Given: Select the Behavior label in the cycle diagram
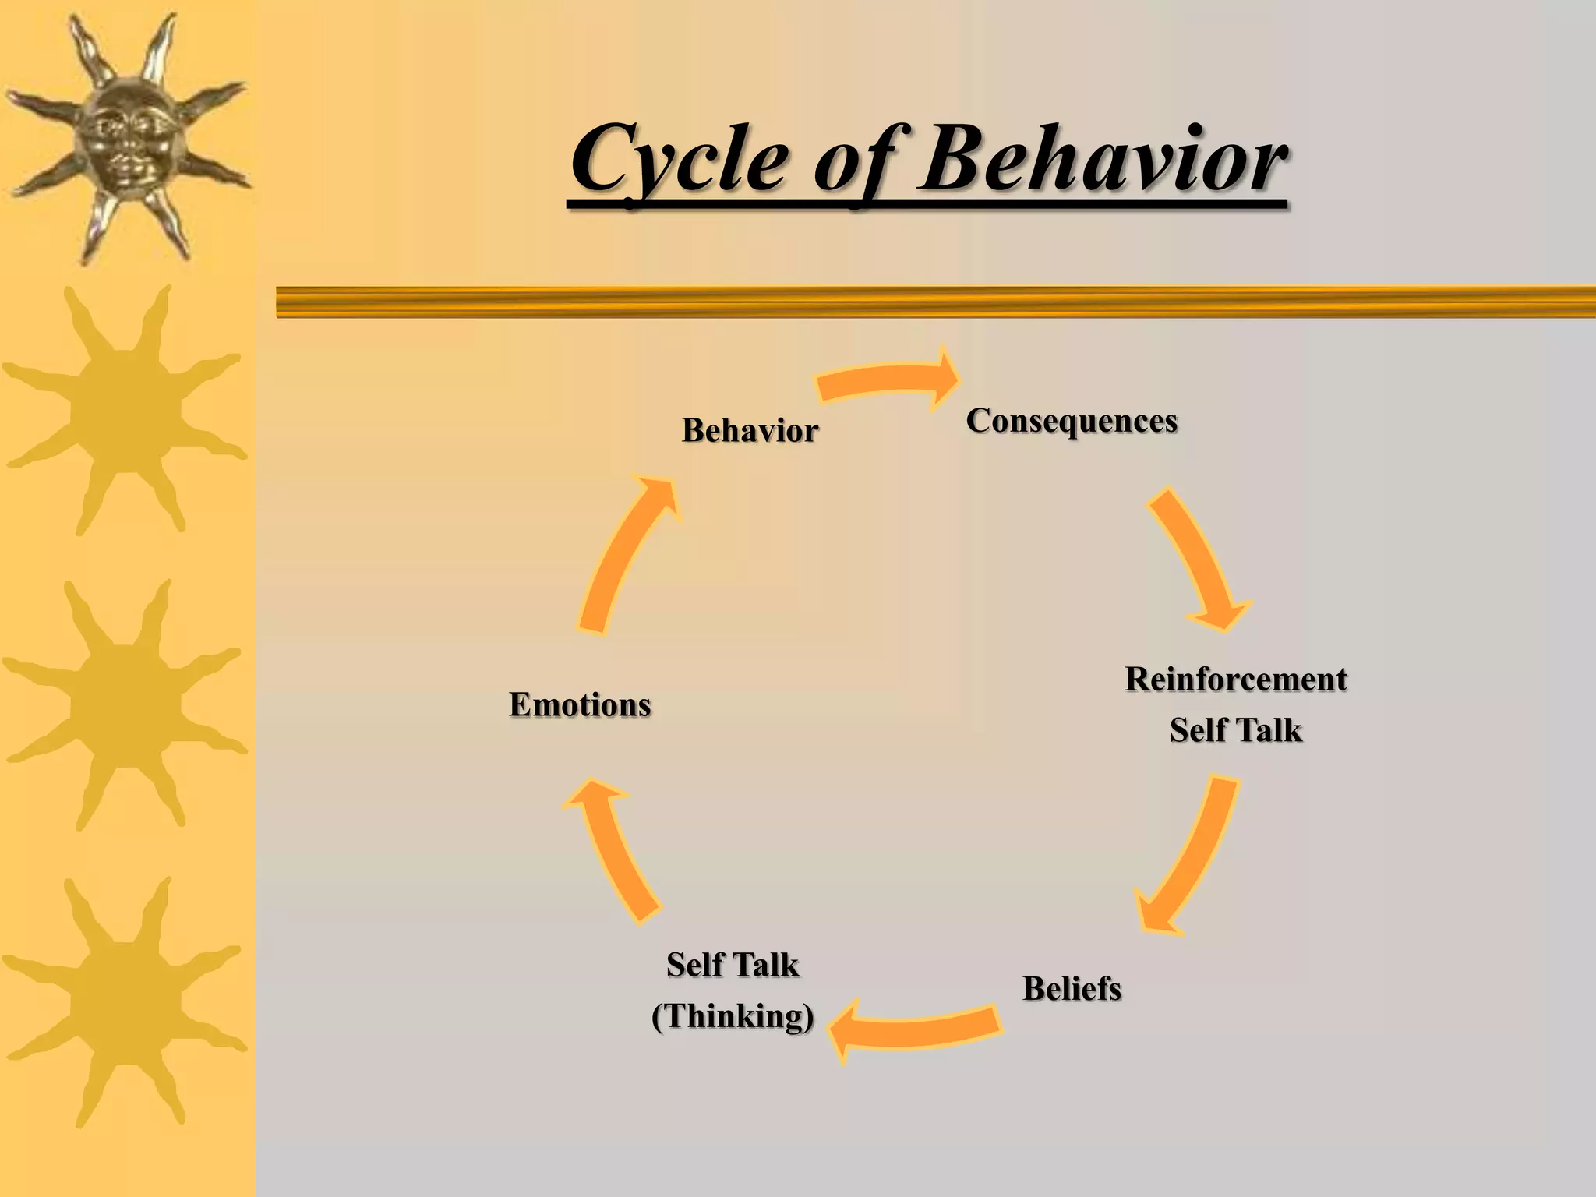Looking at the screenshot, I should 750,430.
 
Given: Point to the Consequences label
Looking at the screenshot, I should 1072,421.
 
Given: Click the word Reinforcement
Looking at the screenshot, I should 1236,680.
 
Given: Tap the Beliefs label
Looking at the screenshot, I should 1072,989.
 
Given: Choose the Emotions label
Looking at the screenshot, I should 580,704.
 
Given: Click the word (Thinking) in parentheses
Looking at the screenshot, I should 733,1016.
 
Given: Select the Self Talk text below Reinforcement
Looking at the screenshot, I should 1236,730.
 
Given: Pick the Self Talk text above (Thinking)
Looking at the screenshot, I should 733,965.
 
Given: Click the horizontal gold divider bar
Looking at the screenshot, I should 935,302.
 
